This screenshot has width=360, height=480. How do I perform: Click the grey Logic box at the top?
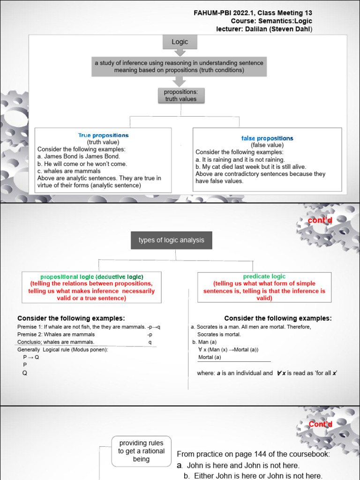(180, 42)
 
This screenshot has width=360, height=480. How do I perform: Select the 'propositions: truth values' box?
(180, 96)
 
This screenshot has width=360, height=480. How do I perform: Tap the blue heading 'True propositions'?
(103, 135)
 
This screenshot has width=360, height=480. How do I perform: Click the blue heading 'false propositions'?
(267, 138)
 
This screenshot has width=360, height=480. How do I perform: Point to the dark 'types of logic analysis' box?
(171, 240)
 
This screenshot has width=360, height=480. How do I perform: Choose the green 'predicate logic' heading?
(264, 277)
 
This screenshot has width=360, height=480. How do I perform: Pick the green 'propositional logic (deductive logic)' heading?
(92, 277)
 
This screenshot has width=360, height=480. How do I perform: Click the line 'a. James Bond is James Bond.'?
(79, 156)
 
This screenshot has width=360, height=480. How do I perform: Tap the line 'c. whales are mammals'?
(69, 171)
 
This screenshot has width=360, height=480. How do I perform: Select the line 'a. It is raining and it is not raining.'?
(240, 159)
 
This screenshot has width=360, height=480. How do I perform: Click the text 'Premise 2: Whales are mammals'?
(56, 335)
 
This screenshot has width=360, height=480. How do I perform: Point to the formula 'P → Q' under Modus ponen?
(31, 357)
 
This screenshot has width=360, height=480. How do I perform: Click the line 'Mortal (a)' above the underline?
(210, 357)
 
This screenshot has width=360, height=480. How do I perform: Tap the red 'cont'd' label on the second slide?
(320, 220)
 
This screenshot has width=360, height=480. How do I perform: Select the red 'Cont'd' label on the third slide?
(320, 424)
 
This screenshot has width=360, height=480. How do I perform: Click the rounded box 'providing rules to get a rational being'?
(141, 451)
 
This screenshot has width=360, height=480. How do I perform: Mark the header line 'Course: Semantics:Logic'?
(271, 21)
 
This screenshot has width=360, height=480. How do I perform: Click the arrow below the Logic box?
(180, 52)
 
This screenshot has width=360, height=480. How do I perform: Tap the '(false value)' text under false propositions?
(267, 145)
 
